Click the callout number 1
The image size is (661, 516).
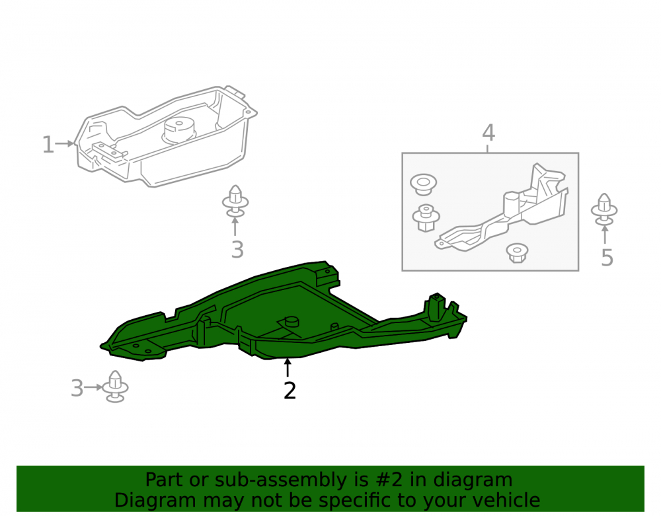(48, 145)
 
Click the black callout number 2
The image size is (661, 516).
(290, 390)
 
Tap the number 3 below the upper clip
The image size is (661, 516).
(237, 250)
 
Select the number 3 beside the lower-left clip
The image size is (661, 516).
(77, 388)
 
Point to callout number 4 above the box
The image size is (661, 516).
(488, 133)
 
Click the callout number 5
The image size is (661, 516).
(607, 258)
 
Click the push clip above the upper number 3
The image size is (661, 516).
(235, 202)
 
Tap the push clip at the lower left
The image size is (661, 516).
(115, 387)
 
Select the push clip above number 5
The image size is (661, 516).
(604, 209)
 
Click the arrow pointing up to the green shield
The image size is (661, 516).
(288, 367)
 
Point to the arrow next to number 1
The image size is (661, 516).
(65, 143)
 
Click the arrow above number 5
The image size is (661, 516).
(605, 235)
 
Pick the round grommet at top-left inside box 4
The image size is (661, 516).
(423, 184)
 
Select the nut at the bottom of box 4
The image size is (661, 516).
(517, 253)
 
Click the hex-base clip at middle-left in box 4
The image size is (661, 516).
(426, 218)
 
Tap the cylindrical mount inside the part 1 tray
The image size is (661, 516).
(178, 130)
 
